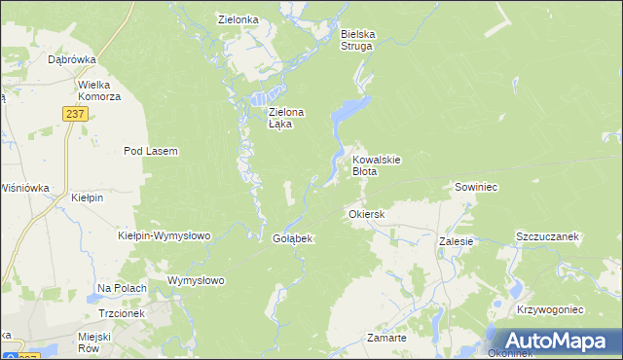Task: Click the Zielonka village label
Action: pos(238,18)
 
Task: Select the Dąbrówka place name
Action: pos(71,59)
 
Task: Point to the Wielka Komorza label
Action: pos(99,90)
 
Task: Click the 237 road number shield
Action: pos(77,114)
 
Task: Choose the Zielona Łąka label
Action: pos(286,118)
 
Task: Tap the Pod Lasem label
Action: pos(150,151)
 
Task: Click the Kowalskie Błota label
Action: pos(377,165)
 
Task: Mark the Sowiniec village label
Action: pos(476,186)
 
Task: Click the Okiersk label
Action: pos(367,213)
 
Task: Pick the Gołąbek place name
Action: pos(291,238)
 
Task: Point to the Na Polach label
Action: pos(122,289)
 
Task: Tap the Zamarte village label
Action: pos(386,337)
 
